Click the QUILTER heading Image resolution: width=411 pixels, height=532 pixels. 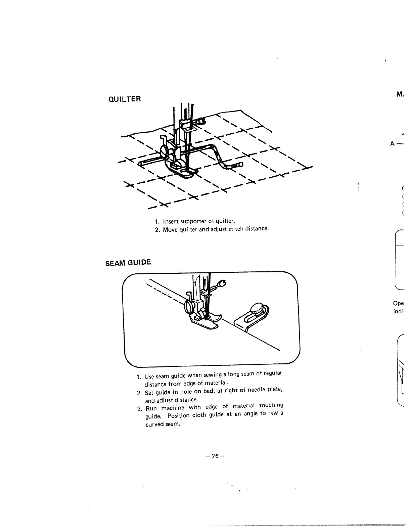click(124, 99)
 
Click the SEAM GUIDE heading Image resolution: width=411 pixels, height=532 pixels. click(128, 262)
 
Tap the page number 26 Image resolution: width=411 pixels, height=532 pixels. click(215, 456)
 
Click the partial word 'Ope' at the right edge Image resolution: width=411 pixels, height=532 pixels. click(398, 303)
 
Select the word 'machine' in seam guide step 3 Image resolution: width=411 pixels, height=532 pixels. click(173, 408)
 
